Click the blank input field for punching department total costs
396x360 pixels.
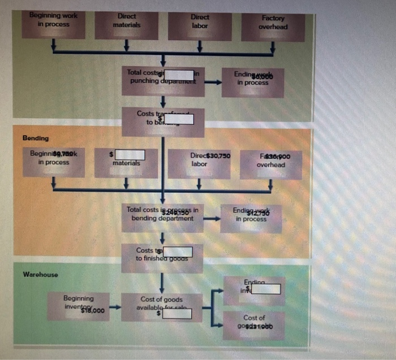pos(179,75)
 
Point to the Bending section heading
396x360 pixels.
pos(36,138)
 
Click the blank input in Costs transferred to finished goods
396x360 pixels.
pos(178,251)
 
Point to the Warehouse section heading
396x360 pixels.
pos(40,275)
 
